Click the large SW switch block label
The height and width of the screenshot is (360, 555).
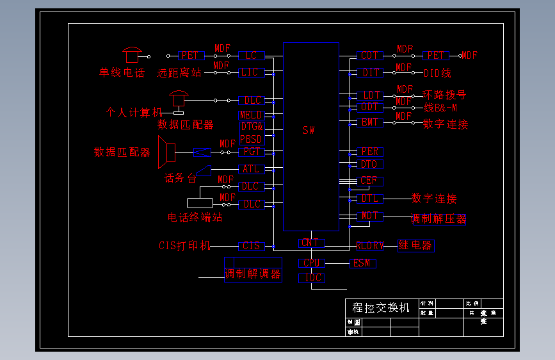point(309,131)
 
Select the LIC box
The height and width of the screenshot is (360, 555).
point(251,72)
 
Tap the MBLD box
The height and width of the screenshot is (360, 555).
point(250,115)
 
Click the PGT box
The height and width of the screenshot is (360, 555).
point(251,152)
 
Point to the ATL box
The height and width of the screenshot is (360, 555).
point(251,169)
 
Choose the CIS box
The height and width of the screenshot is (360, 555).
point(251,245)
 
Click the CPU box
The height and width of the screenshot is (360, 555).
point(311,263)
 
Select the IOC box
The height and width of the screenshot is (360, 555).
point(312,278)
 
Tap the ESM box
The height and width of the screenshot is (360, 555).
point(362,263)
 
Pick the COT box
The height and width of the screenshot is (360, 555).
point(369,56)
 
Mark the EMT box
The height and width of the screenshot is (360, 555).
point(369,122)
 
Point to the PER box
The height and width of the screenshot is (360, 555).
point(369,152)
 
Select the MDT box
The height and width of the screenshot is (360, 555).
point(370,216)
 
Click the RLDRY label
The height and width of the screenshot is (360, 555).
point(370,245)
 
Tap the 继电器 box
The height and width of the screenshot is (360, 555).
point(415,245)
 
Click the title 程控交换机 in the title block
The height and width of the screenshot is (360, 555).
point(381,307)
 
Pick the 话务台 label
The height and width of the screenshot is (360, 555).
point(180,178)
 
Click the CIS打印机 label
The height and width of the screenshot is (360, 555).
point(184,245)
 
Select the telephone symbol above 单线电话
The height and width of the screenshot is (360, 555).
point(133,54)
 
